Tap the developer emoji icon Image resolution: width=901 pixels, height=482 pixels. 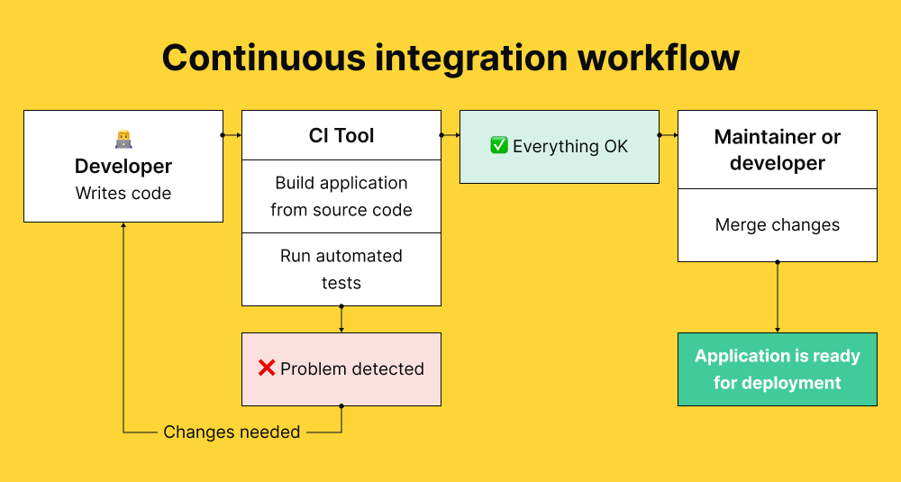pos(123,140)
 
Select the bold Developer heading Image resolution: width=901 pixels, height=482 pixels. pos(123,167)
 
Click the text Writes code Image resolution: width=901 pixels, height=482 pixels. pos(123,194)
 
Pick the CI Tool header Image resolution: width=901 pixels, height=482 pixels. pos(341,136)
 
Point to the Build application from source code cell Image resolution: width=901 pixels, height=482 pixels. pos(341,196)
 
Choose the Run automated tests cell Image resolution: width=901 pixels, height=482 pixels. pos(341,269)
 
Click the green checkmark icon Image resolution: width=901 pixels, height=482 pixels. pos(499,146)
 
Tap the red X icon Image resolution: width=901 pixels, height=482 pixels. pos(267,368)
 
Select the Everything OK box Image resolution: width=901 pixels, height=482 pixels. pos(560,146)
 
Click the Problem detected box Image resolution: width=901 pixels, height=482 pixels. pos(341,368)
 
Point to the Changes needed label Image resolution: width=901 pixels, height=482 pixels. pos(232,432)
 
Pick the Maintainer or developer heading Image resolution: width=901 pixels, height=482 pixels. pos(778,150)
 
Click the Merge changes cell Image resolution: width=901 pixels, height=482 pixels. pos(778,225)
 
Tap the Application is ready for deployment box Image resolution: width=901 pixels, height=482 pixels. pos(778,369)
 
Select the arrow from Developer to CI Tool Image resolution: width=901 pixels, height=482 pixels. pos(232,135)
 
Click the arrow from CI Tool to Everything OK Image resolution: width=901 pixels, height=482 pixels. pos(450,135)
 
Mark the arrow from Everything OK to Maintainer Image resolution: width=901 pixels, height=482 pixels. pos(669,135)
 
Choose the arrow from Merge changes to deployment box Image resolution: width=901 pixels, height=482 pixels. pos(778,297)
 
